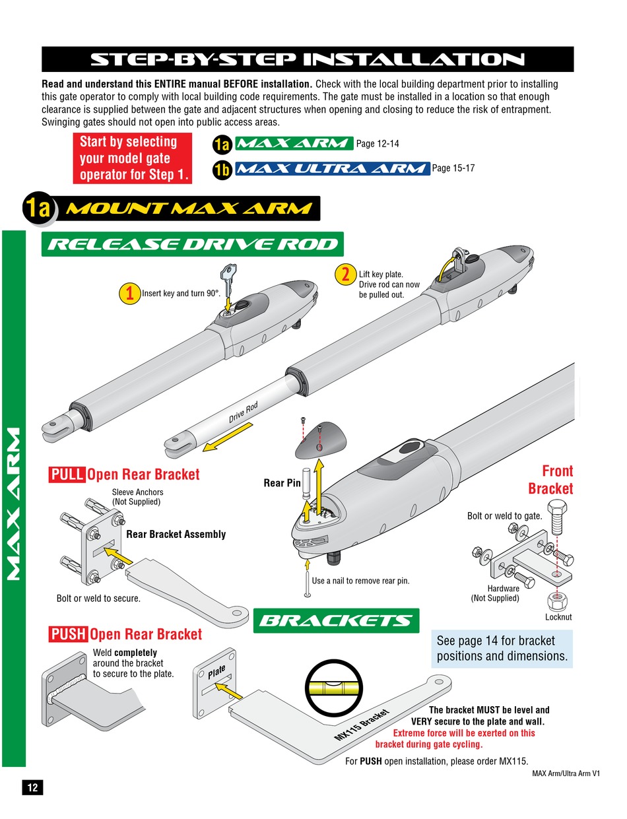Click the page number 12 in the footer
coord(32,787)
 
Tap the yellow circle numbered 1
coord(130,293)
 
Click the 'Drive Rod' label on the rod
coord(244,412)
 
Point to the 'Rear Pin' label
coord(282,483)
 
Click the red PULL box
coord(67,475)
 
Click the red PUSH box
coord(68,634)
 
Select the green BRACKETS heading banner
coord(337,620)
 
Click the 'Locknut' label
coord(558,617)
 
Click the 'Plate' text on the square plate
coord(216,672)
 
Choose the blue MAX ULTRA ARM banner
coord(331,168)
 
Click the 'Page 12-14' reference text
coord(378,143)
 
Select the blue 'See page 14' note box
coord(502,649)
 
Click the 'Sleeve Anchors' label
coord(137,492)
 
